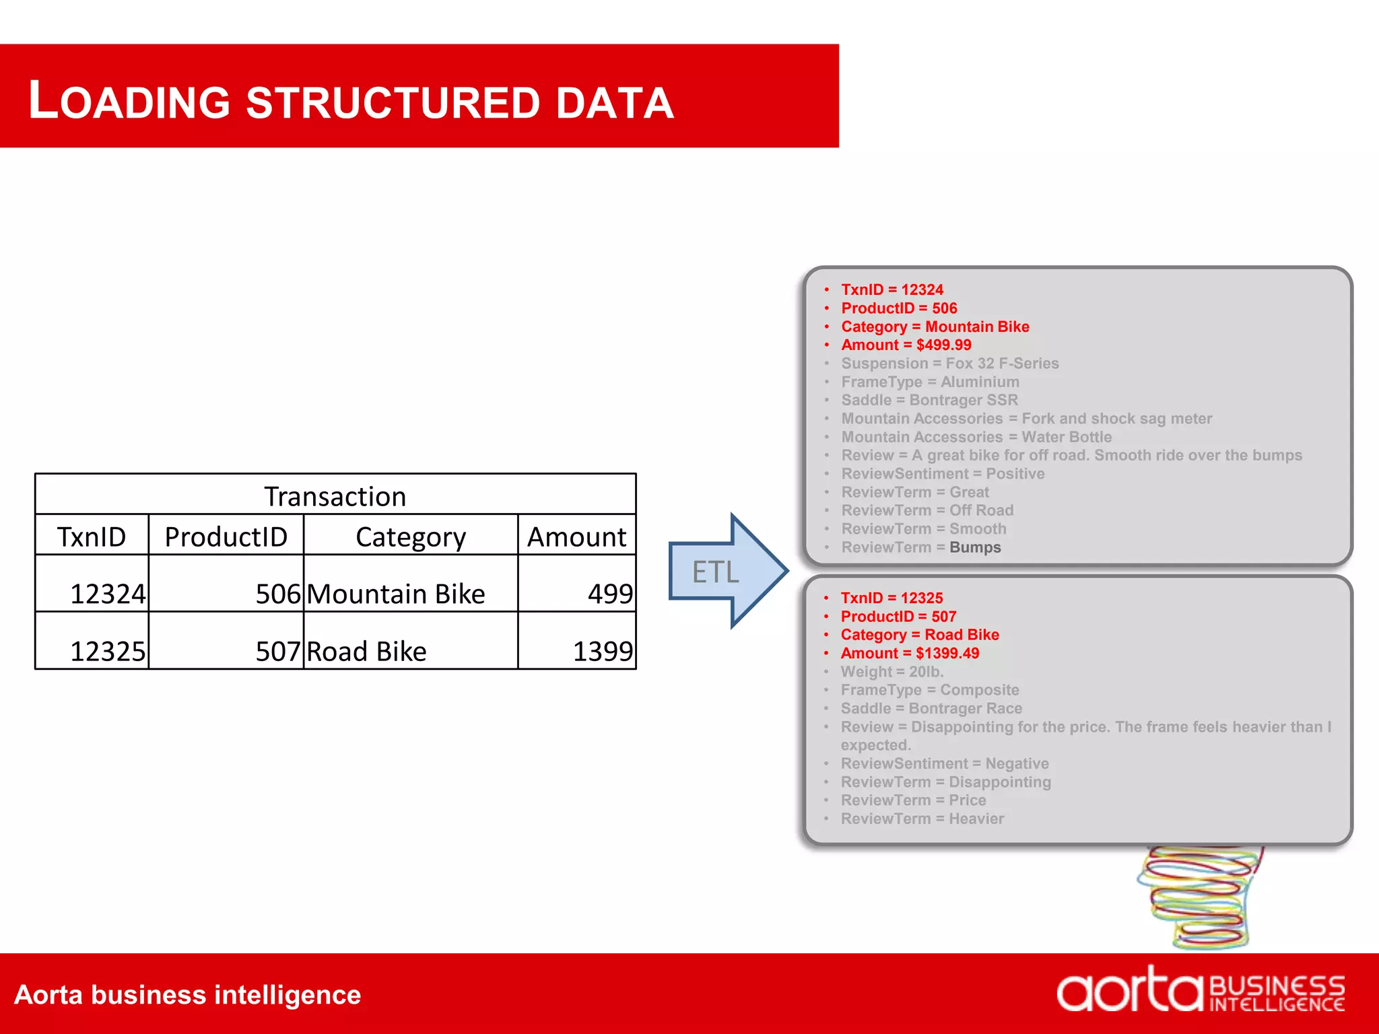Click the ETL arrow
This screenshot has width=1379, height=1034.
point(724,572)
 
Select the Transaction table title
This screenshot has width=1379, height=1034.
point(335,496)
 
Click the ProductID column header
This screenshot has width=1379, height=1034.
point(226,537)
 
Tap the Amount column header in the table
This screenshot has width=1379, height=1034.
point(576,537)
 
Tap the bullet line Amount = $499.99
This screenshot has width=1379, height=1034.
point(906,345)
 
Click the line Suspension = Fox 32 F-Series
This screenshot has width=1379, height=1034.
point(949,364)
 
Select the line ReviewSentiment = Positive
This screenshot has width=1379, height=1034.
point(943,474)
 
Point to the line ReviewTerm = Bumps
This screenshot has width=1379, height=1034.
point(921,547)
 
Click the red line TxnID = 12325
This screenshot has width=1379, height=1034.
point(892,598)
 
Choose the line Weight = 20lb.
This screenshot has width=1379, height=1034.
point(892,672)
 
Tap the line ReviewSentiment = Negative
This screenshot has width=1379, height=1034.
point(944,763)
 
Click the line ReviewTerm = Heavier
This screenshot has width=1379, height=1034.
point(922,819)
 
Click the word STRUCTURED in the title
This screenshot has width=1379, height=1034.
point(393,103)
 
